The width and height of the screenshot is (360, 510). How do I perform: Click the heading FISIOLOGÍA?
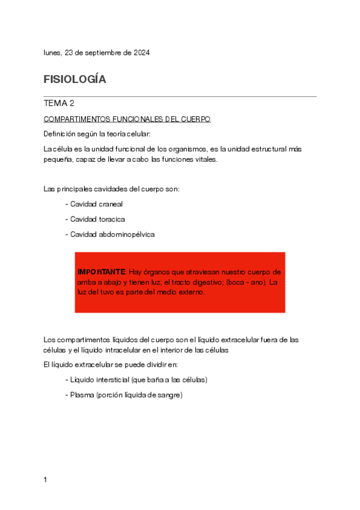point(75,79)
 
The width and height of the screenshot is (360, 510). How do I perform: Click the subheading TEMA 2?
point(59,103)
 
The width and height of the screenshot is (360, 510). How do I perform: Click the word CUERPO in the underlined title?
point(196,120)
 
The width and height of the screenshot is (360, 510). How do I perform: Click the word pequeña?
point(58,159)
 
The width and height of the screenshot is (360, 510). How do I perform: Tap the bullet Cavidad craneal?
point(96,204)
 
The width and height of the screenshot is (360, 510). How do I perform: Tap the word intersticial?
point(114,380)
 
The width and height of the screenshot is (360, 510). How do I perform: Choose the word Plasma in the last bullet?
point(81,395)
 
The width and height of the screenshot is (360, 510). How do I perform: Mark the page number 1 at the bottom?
point(46,480)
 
